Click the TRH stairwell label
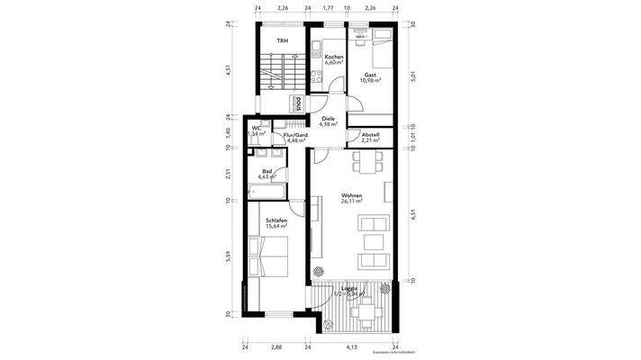[x=282, y=41]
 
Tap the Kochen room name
[x=334, y=57]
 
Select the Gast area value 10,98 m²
[x=371, y=81]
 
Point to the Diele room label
[x=329, y=118]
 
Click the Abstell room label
[x=370, y=135]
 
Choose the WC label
[x=256, y=129]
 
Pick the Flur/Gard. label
[x=296, y=135]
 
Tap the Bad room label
[x=267, y=172]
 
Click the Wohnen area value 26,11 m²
[x=351, y=202]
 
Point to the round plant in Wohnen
[x=317, y=271]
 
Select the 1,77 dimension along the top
[x=329, y=8]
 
